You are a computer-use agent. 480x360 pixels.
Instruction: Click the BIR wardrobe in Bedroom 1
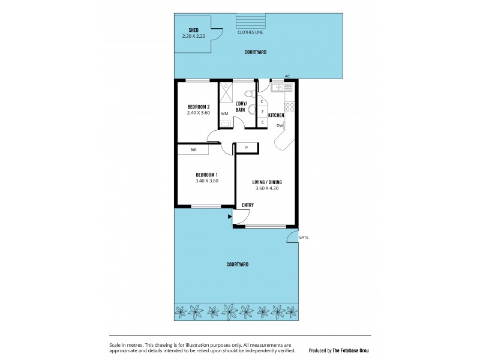[x=193, y=149]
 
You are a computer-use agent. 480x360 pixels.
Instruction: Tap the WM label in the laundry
[x=224, y=113]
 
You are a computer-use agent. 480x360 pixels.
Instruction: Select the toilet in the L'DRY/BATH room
[x=253, y=110]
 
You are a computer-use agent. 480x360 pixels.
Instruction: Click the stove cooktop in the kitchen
[x=289, y=107]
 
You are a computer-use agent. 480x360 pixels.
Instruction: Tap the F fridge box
[x=262, y=112]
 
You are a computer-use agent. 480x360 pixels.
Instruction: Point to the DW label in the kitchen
[x=280, y=125]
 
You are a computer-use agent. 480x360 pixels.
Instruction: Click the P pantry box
[x=247, y=148]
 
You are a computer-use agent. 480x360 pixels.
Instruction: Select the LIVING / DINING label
[x=266, y=182]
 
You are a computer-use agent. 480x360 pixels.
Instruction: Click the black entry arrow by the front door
[x=230, y=216]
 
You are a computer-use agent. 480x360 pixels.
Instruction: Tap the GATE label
[x=305, y=238]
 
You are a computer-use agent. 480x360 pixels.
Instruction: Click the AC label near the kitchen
[x=287, y=76]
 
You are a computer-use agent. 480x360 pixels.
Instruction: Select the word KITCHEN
[x=276, y=115]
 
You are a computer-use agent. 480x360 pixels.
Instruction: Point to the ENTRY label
[x=247, y=205]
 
